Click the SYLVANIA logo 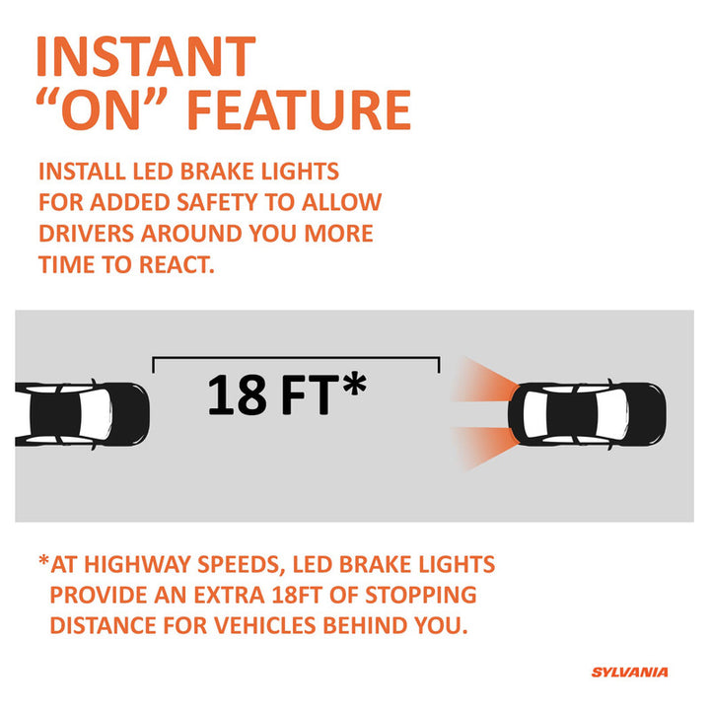(629, 672)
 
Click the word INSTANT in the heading (146, 56)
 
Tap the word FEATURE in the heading (300, 110)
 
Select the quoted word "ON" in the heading (102, 109)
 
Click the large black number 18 (237, 394)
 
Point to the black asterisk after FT (355, 384)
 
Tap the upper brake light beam (482, 381)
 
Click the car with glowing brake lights (587, 414)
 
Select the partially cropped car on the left (82, 414)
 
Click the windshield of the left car (95, 414)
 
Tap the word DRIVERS (86, 234)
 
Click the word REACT (177, 265)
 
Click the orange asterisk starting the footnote (43, 560)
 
